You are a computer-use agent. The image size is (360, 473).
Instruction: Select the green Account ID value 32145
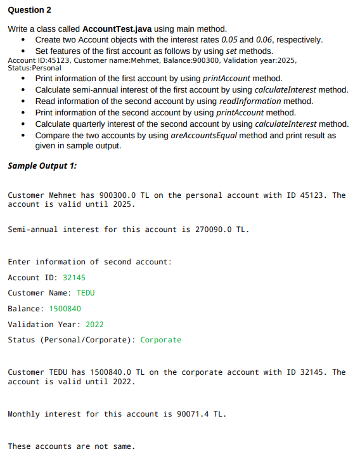[x=74, y=278]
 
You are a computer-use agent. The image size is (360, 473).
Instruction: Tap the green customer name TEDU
[x=86, y=293]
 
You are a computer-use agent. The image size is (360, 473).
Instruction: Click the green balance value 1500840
[x=65, y=309]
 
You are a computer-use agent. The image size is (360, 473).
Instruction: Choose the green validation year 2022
[x=94, y=325]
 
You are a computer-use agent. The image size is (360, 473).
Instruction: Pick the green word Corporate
[x=160, y=340]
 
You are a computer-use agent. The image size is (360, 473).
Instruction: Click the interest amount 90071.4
[x=191, y=414]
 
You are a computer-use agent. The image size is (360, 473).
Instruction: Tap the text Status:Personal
[x=34, y=68]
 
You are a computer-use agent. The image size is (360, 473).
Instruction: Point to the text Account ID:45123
[x=34, y=60]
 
